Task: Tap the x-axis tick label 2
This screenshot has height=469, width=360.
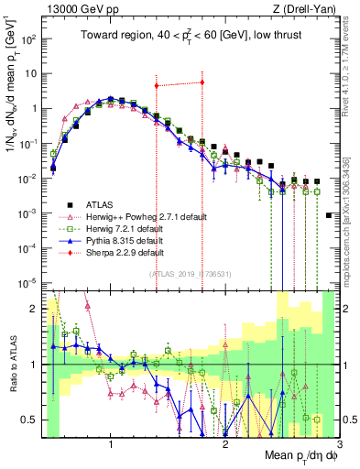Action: pos(225,445)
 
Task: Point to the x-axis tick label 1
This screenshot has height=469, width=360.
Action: pos(111,445)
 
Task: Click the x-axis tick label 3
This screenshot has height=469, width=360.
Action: pos(339,445)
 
